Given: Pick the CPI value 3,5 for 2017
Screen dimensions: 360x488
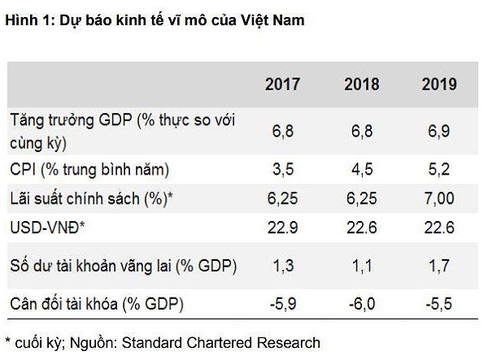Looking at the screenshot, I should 282,170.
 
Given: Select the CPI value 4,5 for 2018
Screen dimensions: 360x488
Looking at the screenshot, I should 362,170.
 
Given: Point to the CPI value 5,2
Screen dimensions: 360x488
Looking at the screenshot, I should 439,170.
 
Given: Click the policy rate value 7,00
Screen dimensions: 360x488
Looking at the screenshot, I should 439,198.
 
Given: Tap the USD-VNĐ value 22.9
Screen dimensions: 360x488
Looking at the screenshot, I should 282,228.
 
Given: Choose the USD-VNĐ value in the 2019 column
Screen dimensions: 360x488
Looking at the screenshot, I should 439,228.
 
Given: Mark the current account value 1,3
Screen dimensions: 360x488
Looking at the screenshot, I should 282,266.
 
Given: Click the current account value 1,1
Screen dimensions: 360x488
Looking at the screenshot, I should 362,266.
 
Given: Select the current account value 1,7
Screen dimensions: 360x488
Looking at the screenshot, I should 439,266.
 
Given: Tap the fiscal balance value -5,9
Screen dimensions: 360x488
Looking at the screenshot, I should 282,306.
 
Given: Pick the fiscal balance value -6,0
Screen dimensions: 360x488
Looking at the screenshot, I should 362,306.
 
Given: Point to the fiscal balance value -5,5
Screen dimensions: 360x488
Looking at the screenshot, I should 439,306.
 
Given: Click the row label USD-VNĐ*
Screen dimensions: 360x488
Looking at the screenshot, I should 48,228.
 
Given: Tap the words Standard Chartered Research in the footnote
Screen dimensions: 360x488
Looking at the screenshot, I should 224,343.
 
